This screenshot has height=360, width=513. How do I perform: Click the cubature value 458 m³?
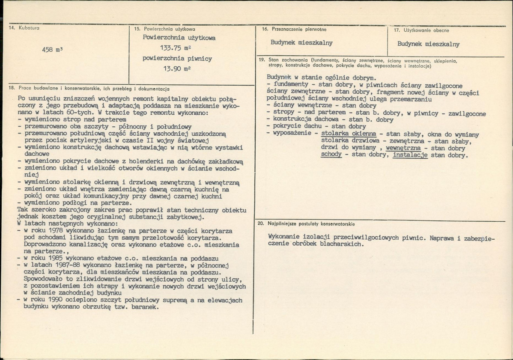(53, 50)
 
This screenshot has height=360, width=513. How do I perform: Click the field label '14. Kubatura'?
(24, 28)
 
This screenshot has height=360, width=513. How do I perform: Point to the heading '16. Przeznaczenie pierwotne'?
(294, 29)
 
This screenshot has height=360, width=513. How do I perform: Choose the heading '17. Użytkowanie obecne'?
(421, 30)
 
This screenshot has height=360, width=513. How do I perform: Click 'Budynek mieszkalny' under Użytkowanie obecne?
(428, 44)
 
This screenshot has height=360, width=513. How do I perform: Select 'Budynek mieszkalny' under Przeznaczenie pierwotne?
(301, 43)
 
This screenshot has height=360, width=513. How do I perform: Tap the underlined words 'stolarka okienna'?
(348, 134)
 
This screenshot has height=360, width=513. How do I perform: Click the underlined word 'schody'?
(331, 155)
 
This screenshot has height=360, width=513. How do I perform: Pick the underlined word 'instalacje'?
(410, 155)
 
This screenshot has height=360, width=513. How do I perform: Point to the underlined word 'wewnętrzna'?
(403, 148)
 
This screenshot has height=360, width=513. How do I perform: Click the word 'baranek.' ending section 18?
(146, 307)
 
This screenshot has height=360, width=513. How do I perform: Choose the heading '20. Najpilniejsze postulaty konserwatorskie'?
(306, 224)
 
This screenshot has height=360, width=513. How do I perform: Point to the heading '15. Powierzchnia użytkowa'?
(164, 29)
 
